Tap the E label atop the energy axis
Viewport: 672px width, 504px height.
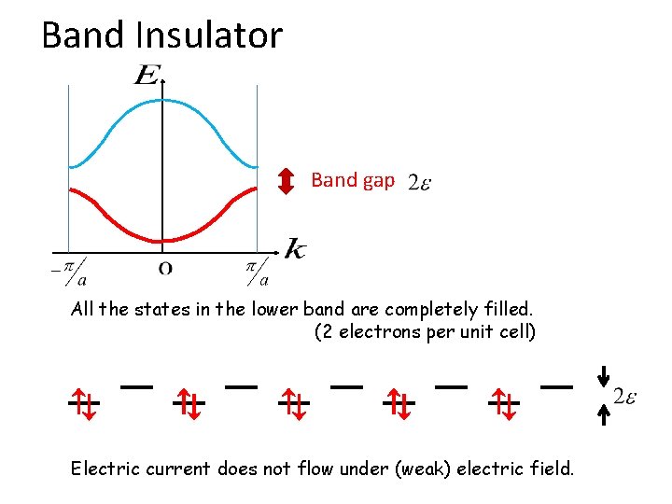tap(147, 75)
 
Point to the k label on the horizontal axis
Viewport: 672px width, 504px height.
tap(294, 248)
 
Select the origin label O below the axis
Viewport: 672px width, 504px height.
tap(164, 270)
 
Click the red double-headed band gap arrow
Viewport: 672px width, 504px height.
tap(287, 181)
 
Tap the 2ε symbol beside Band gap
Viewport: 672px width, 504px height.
tap(419, 183)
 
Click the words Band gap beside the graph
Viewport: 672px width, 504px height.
tap(353, 180)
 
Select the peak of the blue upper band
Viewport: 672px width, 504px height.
tap(163, 100)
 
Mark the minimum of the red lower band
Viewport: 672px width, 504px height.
tap(163, 238)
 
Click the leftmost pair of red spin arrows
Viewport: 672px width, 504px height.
tap(84, 404)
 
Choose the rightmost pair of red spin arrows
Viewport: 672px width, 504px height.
tap(504, 404)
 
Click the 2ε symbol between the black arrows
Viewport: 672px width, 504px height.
tap(625, 396)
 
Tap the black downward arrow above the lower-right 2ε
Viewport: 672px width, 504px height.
tap(604, 374)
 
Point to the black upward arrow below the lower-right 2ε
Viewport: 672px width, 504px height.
tap(604, 415)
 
